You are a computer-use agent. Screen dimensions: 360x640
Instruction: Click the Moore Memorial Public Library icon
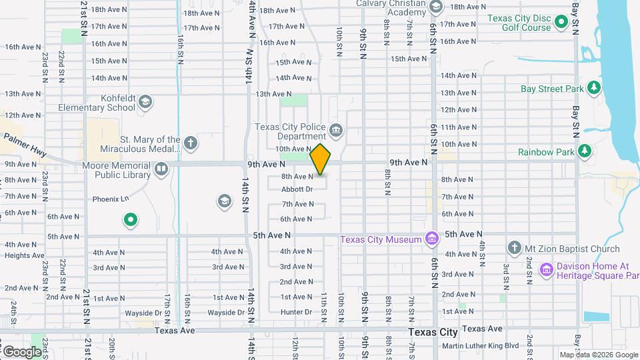[161, 170]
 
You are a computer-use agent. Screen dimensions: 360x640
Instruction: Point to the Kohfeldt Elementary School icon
[145, 102]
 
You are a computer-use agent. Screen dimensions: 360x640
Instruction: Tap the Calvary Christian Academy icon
[436, 7]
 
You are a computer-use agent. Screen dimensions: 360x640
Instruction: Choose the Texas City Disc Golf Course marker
[561, 23]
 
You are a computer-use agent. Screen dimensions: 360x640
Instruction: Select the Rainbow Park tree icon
[585, 151]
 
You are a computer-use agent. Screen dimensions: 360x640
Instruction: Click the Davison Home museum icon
[546, 270]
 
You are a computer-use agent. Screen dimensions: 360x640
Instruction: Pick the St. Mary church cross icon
[191, 143]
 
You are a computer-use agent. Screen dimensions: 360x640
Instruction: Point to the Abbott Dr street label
[297, 189]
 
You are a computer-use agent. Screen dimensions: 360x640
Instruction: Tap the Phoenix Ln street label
[109, 199]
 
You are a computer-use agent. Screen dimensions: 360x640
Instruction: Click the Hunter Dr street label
[296, 312]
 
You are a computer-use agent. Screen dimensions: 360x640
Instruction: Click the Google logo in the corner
[22, 351]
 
